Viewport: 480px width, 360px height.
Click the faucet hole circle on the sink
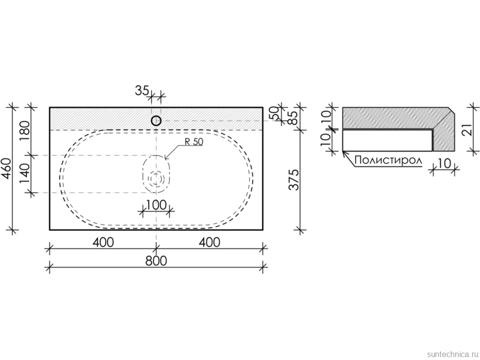156,121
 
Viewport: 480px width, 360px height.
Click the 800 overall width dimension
156,261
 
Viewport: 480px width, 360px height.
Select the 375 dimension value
294,180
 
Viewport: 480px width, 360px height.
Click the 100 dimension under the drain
156,205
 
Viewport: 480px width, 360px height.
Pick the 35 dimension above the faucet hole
142,90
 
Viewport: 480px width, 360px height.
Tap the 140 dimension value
25,174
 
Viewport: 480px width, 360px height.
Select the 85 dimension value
292,117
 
